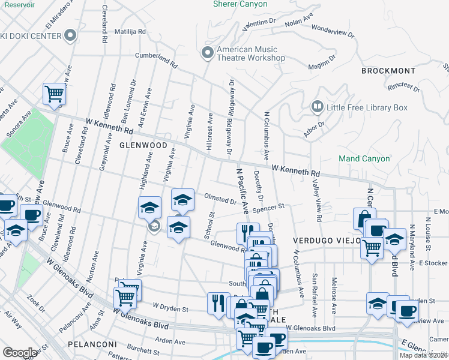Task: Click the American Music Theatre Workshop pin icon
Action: pyautogui.click(x=208, y=53)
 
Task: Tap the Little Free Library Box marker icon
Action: pyautogui.click(x=317, y=107)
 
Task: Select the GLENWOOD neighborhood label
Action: pyautogui.click(x=142, y=145)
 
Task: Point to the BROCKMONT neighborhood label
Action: pyautogui.click(x=388, y=71)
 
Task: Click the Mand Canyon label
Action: pyautogui.click(x=364, y=159)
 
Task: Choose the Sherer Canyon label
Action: pyautogui.click(x=240, y=4)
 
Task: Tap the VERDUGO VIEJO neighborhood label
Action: pyautogui.click(x=327, y=240)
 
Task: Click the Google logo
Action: pyautogui.click(x=19, y=353)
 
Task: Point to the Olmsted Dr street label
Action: pyautogui.click(x=220, y=199)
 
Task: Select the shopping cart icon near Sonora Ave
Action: pyautogui.click(x=54, y=94)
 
